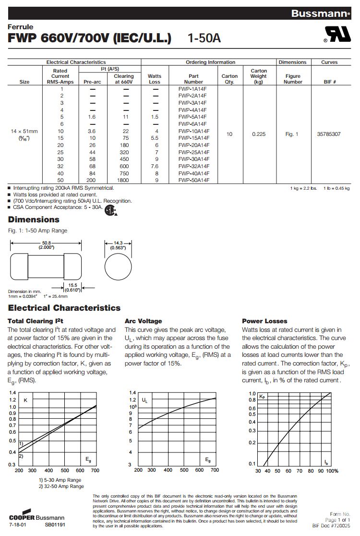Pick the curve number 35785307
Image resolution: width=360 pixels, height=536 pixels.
[x=329, y=134]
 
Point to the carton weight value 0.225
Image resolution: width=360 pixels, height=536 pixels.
[x=258, y=134]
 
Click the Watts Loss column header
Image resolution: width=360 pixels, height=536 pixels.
[x=155, y=79]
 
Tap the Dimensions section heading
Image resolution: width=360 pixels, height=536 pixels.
[x=34, y=219]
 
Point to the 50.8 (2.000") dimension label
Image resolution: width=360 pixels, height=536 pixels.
[x=47, y=245]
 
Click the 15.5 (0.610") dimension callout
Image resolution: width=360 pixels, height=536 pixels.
[x=73, y=287]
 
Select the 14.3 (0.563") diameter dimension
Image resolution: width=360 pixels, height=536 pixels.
[x=118, y=245]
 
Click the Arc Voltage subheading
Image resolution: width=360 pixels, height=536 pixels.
[x=143, y=321]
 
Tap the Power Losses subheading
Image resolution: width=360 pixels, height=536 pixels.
[x=264, y=321]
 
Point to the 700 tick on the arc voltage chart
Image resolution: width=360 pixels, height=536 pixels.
[x=215, y=470]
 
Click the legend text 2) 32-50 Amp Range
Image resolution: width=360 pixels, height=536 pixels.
[x=61, y=486]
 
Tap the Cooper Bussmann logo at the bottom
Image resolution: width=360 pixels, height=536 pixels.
[x=32, y=517]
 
